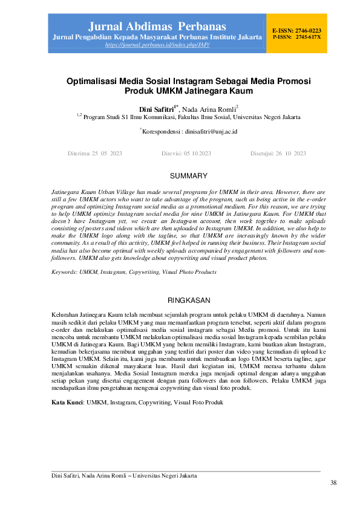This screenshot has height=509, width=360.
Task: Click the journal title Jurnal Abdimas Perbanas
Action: tap(157, 27)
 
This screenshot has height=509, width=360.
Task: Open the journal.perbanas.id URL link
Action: tap(157, 45)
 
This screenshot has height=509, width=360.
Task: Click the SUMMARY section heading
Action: tap(188, 177)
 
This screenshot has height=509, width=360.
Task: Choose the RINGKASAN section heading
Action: tap(188, 300)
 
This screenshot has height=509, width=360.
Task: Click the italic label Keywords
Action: tap(67, 272)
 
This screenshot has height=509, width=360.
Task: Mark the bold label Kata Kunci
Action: tap(67, 402)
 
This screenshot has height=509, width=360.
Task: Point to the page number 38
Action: tap(333, 483)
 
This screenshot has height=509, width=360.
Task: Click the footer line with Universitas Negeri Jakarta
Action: tap(124, 476)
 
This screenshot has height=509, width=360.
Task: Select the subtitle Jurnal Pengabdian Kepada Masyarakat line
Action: tap(157, 37)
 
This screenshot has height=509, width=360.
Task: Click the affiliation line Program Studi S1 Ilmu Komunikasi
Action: tap(188, 117)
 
